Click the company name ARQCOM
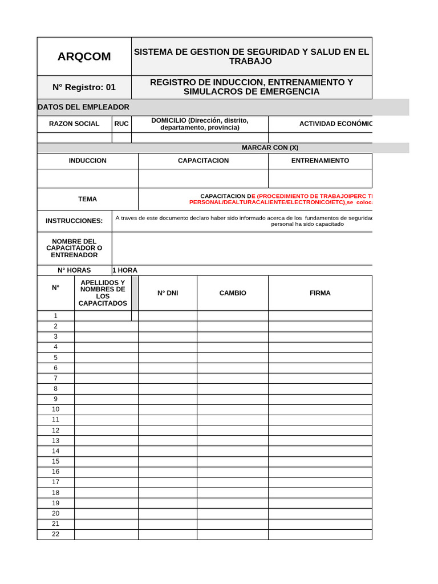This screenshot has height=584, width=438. coord(84,56)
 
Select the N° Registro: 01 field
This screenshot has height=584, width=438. coord(84,87)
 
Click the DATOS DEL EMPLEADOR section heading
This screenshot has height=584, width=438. coord(83,107)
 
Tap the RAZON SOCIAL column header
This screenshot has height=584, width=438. coord(74,124)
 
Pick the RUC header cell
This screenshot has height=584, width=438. coord(121,124)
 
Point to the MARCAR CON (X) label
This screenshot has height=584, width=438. coord(270,148)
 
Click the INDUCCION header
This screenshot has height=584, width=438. coord(87,161)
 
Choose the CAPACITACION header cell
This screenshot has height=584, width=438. coord(203,161)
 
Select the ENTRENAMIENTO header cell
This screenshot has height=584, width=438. coord(320,161)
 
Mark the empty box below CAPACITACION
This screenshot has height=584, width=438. coord(203,179)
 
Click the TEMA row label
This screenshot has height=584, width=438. coord(87,199)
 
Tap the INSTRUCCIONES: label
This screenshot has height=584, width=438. coord(74,221)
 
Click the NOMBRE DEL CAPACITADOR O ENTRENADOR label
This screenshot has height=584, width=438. coord(74,248)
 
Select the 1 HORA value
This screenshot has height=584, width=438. coord(125,270)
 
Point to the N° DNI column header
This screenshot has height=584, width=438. coord(168,293)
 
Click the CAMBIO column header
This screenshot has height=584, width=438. coord(233,293)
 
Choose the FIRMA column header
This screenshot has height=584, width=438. coord(320,293)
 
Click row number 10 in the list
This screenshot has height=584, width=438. coord(55,409)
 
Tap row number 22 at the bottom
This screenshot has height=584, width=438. coord(55,534)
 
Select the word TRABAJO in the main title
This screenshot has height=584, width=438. coord(250,61)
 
